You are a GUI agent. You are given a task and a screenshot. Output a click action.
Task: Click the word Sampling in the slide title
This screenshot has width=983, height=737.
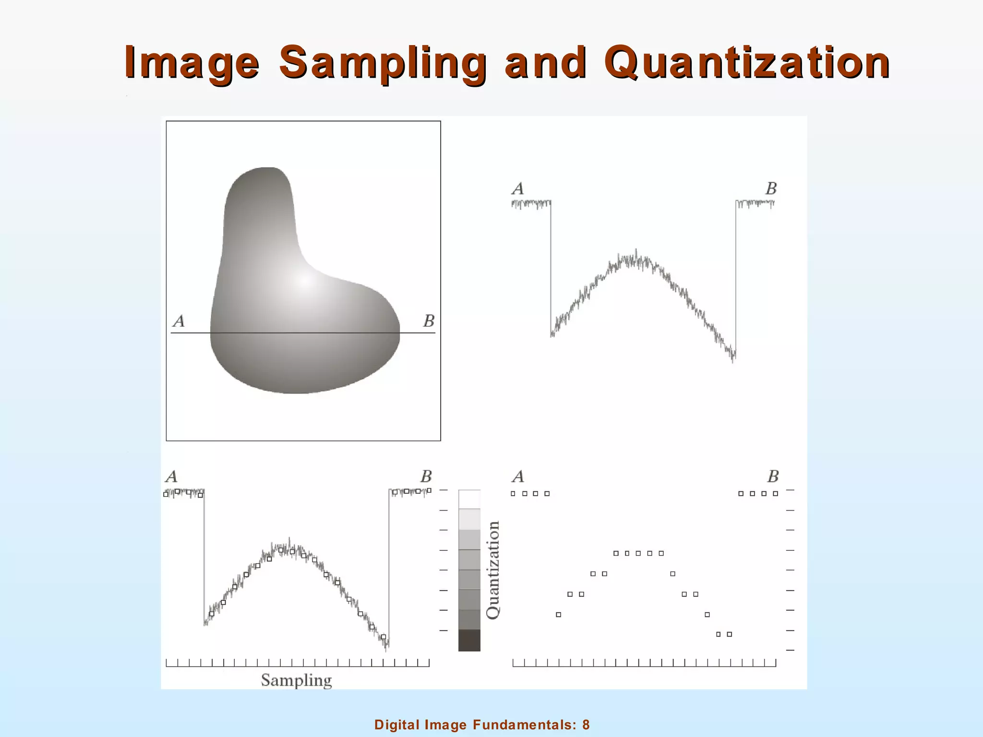[x=383, y=63]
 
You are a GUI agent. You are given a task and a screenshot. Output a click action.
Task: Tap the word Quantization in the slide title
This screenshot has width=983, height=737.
[x=747, y=63]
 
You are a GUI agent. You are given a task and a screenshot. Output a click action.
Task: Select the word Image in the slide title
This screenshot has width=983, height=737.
[x=192, y=63]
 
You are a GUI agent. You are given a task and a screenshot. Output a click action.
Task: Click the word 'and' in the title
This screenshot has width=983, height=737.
[x=546, y=63]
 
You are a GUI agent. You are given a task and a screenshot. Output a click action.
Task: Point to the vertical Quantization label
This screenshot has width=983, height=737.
[x=493, y=570]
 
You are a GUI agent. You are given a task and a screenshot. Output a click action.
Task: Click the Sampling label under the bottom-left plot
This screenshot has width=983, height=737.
[x=296, y=680]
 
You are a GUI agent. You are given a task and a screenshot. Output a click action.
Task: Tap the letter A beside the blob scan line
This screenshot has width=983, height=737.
[x=179, y=321]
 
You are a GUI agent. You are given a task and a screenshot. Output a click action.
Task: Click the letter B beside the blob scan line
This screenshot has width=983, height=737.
[x=429, y=321]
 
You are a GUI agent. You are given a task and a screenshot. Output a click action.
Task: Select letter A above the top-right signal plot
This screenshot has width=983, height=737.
[x=517, y=189]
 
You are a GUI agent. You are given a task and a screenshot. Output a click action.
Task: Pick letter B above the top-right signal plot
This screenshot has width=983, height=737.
[x=771, y=189]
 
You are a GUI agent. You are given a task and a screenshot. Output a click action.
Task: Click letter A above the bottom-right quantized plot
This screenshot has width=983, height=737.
[x=517, y=476]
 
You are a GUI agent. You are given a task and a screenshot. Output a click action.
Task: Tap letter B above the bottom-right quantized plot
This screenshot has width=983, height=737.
[x=773, y=476]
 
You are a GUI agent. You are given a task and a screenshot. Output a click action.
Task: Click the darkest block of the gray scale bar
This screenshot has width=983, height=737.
[x=469, y=640]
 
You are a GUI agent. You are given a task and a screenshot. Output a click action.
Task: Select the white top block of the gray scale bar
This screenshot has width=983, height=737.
[x=469, y=499]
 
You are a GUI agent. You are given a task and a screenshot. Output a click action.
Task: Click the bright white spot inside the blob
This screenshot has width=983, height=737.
[x=305, y=282]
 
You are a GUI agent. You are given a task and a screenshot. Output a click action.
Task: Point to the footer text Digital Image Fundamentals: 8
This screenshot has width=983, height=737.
[x=482, y=725]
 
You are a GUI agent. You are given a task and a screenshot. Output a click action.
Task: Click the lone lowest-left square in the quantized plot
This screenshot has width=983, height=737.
[x=558, y=615]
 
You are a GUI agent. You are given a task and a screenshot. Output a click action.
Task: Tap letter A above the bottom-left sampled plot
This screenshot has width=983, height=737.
[x=171, y=476]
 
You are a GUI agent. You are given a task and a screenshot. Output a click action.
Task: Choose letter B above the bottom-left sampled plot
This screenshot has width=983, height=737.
[x=426, y=476]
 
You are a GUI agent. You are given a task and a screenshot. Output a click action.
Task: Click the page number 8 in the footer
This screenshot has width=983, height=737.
[x=586, y=725]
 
